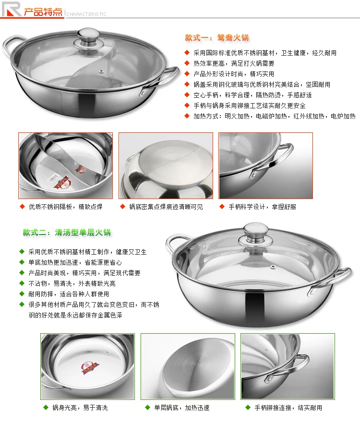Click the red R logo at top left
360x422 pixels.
pyautogui.click(x=12, y=9)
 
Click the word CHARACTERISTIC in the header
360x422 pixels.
pyautogui.click(x=86, y=14)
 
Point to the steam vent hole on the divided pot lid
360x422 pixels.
pyautogui.click(x=101, y=71)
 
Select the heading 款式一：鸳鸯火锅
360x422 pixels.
pyautogui.click(x=216, y=38)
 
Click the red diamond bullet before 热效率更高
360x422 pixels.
pyautogui.click(x=187, y=63)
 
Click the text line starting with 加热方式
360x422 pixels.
pyautogui.click(x=274, y=116)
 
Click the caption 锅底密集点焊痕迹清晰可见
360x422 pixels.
pyautogui.click(x=166, y=207)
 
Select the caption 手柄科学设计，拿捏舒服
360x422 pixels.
pyautogui.click(x=262, y=207)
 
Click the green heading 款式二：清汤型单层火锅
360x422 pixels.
pyautogui.click(x=67, y=232)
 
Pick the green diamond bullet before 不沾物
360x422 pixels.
pyautogui.click(x=22, y=283)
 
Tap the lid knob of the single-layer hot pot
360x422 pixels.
pyautogui.click(x=256, y=232)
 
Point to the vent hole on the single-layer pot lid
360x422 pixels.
pyautogui.click(x=273, y=267)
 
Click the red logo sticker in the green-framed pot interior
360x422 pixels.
pyautogui.click(x=90, y=368)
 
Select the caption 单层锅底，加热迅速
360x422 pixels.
pyautogui.click(x=181, y=408)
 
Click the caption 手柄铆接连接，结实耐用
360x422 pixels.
pyautogui.click(x=288, y=408)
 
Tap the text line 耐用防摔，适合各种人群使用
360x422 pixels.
pyautogui.click(x=69, y=294)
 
